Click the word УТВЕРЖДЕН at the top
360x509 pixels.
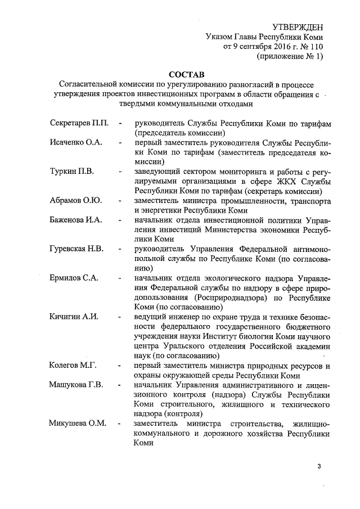tap(298, 26)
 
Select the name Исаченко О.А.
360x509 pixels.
tap(75, 142)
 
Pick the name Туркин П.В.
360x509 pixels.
tap(70, 172)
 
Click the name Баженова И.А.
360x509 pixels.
tap(75, 220)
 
